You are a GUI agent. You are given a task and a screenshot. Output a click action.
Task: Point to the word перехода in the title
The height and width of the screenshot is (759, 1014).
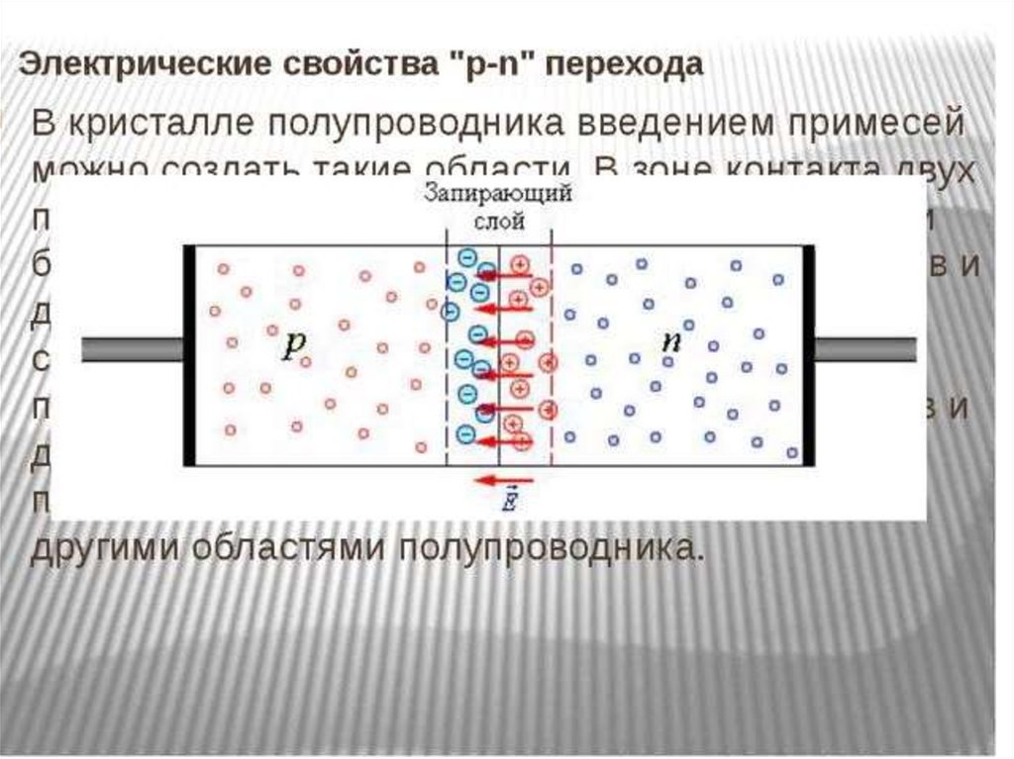[626, 65]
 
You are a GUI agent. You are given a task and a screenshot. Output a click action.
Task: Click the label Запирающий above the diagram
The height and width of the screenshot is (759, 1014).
[497, 195]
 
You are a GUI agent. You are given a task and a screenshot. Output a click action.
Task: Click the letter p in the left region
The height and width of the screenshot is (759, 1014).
[295, 343]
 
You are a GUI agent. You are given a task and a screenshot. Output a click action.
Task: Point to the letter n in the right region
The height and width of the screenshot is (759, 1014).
[672, 341]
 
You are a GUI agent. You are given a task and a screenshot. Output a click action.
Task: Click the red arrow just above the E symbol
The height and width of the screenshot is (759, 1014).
[495, 481]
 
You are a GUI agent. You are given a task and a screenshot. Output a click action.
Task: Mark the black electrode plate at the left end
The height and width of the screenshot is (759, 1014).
[189, 353]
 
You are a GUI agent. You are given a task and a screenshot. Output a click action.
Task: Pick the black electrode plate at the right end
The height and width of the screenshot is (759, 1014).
[808, 353]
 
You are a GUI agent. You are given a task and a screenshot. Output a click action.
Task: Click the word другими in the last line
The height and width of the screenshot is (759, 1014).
[110, 546]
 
